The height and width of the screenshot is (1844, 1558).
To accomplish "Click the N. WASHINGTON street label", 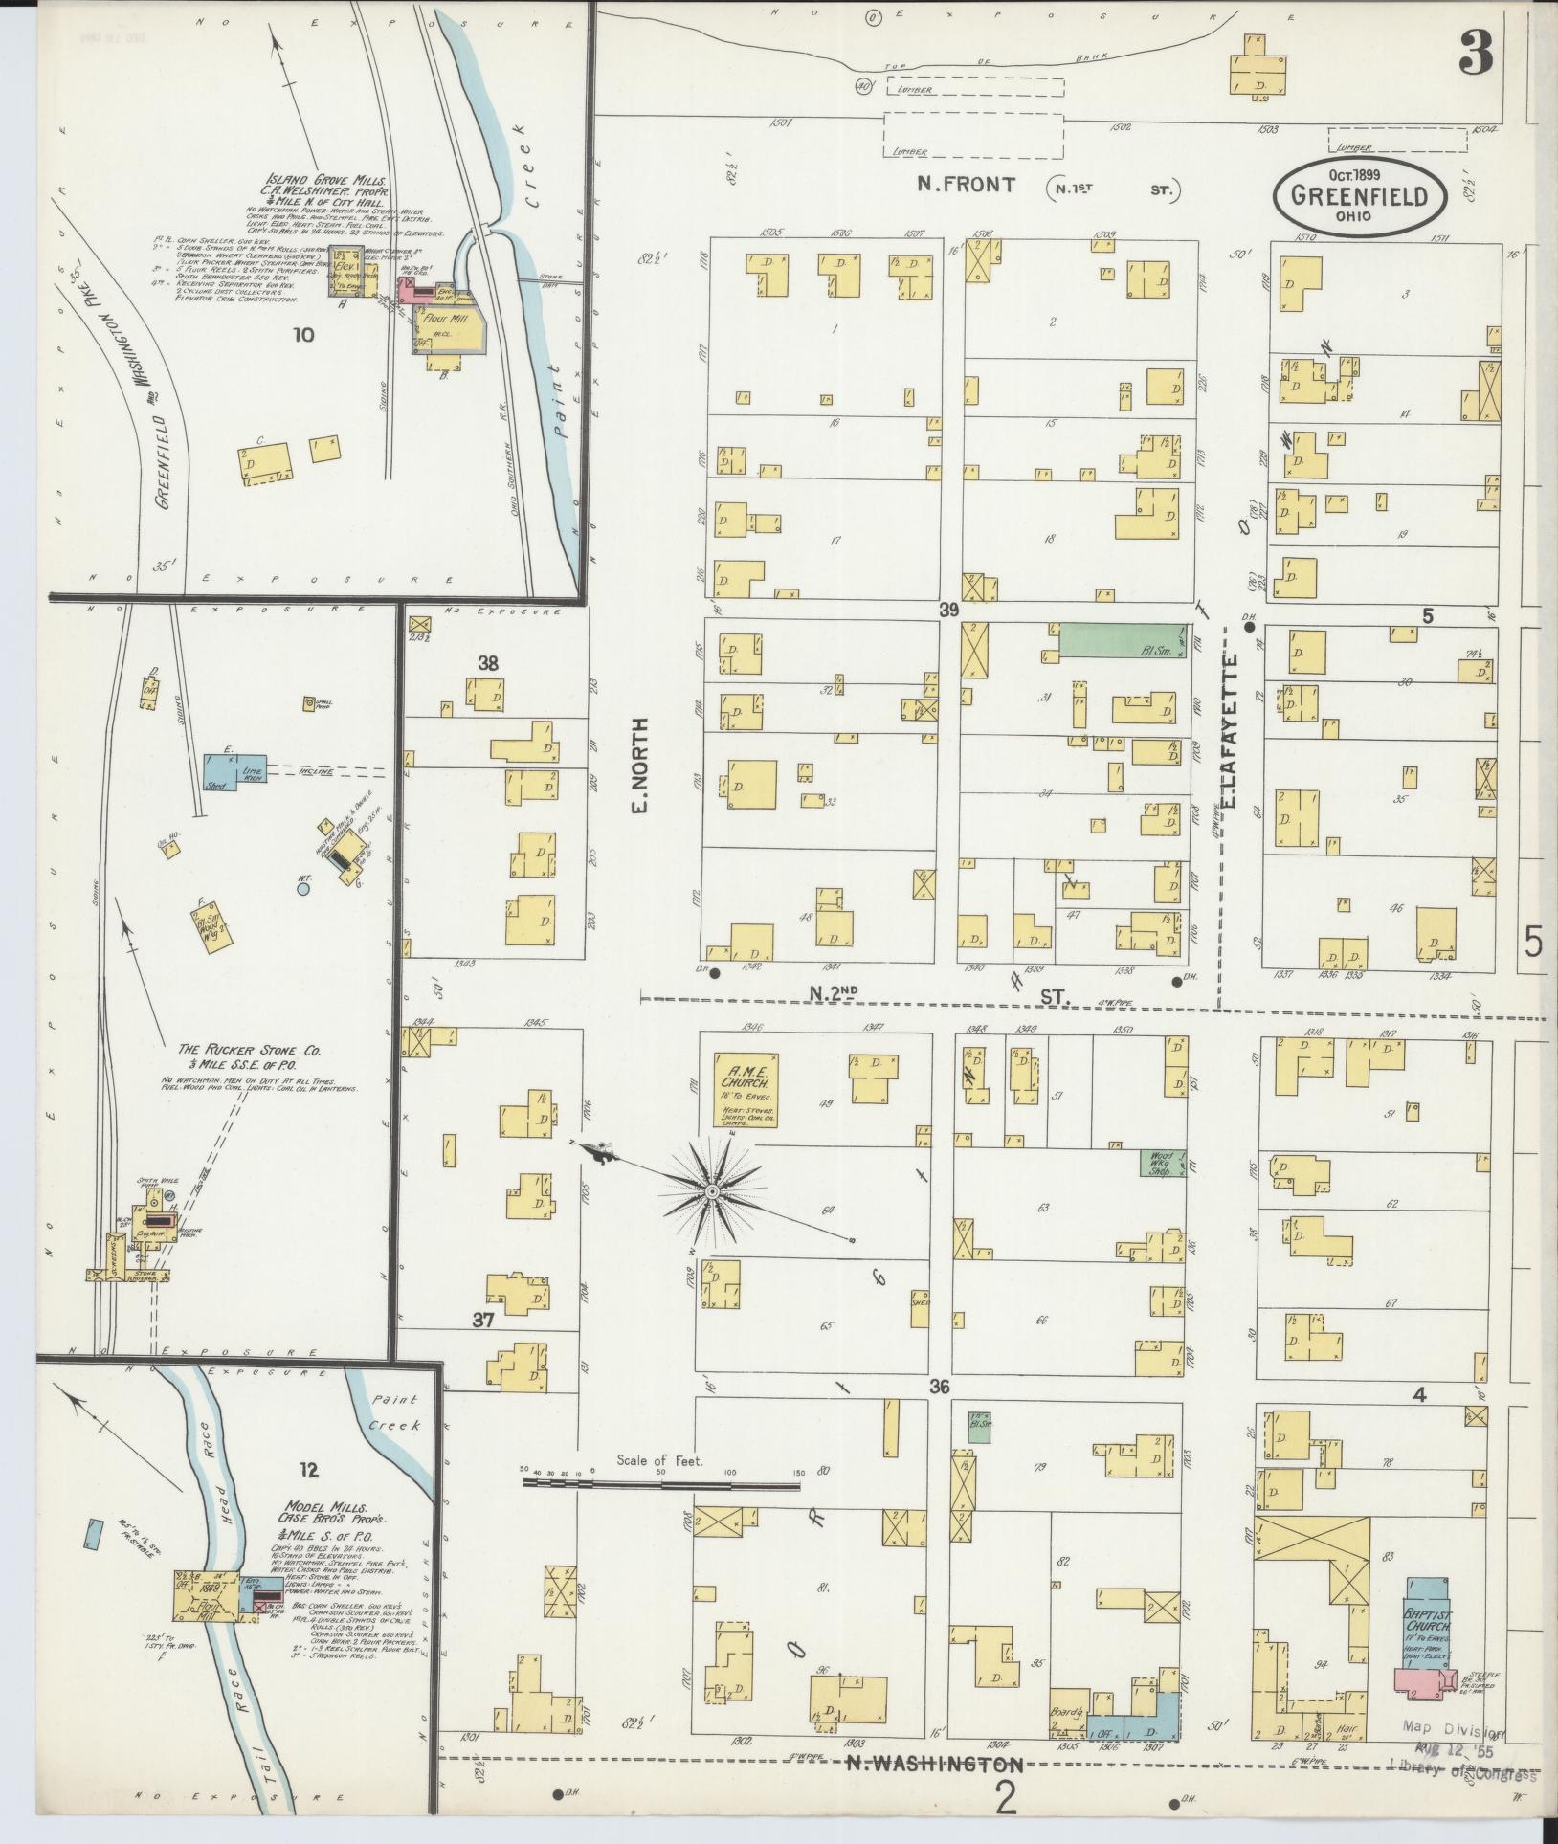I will click(x=934, y=1764).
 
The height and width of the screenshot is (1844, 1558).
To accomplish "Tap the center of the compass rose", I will click(x=712, y=1191).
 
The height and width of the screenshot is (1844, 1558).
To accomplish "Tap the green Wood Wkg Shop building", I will click(x=1162, y=1162).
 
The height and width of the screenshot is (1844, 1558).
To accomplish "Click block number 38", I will click(x=488, y=661).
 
